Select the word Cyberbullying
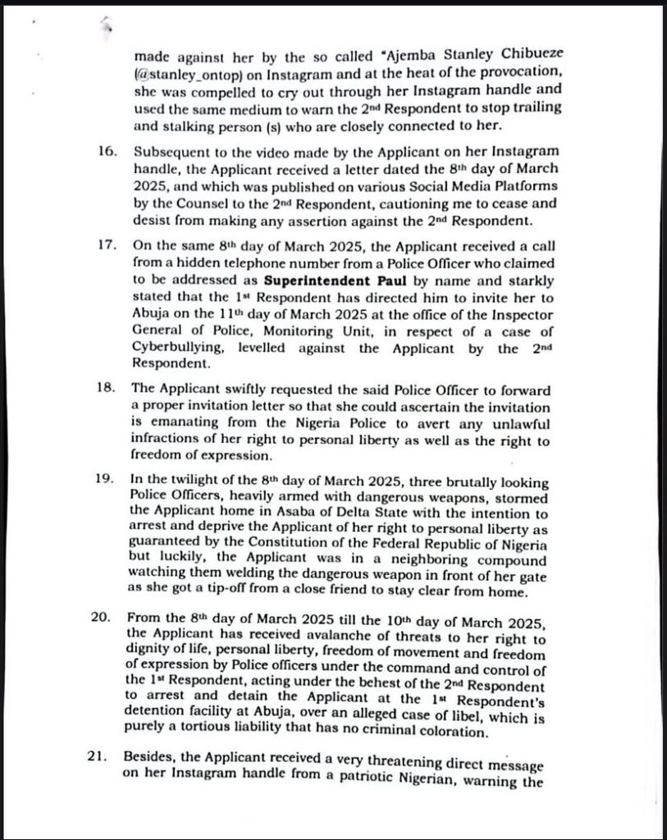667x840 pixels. pos(179,348)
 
